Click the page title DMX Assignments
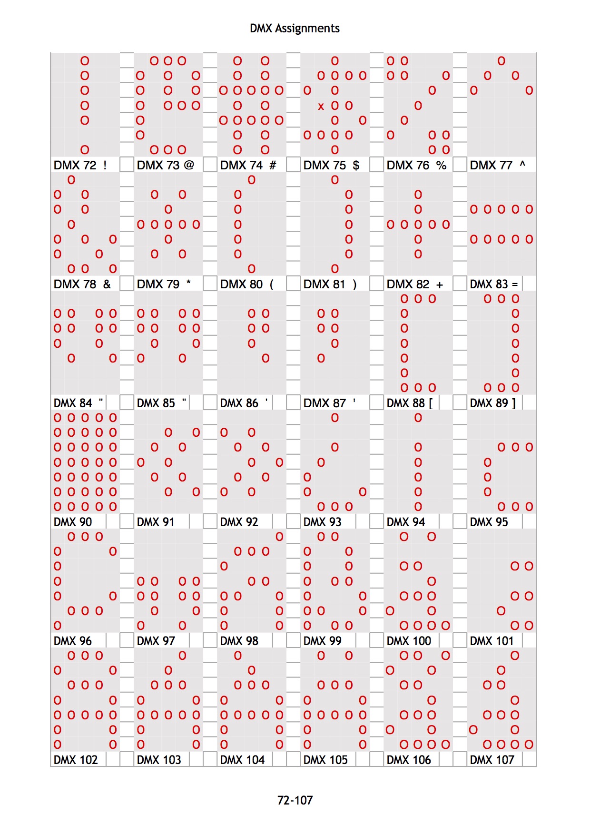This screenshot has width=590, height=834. tap(295, 29)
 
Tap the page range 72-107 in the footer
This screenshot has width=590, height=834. tap(295, 800)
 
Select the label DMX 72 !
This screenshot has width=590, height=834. tap(80, 165)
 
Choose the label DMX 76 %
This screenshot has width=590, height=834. tap(416, 165)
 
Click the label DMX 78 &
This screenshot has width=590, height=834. tap(82, 284)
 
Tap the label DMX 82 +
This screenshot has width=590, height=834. tap(414, 284)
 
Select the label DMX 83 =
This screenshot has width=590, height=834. tap(493, 284)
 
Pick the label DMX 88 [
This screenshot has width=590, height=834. tap(410, 403)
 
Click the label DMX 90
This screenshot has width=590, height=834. tap(73, 522)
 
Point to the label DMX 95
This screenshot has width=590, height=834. tap(489, 522)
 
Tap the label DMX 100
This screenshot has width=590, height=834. tap(409, 641)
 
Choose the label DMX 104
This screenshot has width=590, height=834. tap(242, 760)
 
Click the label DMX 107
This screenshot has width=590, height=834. tap(492, 760)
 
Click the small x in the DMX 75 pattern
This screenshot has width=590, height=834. tap(321, 106)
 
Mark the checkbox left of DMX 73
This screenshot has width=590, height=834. tap(127, 165)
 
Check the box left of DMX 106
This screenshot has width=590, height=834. tap(376, 759)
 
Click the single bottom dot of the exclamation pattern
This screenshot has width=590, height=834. tap(85, 150)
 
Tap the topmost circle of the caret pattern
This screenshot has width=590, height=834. tap(501, 61)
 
